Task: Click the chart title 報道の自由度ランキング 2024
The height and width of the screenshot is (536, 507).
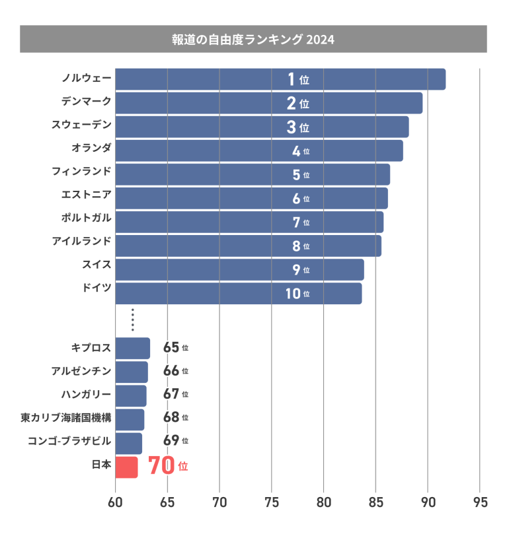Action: click(253, 39)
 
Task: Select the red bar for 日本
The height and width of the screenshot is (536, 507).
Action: click(127, 467)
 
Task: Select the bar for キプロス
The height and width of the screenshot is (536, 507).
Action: click(133, 348)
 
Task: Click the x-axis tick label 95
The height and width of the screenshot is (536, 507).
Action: click(480, 502)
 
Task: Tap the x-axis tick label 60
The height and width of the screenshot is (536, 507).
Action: click(116, 502)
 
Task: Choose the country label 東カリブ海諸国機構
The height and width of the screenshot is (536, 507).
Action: click(65, 418)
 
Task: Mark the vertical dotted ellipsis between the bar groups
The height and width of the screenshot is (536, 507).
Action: click(133, 319)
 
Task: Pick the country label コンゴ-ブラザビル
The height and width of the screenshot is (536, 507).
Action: click(69, 440)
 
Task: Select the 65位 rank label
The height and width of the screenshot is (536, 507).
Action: click(176, 347)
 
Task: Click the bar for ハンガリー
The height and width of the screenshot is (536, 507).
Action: click(131, 395)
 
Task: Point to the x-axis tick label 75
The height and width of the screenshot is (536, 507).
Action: click(272, 502)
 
